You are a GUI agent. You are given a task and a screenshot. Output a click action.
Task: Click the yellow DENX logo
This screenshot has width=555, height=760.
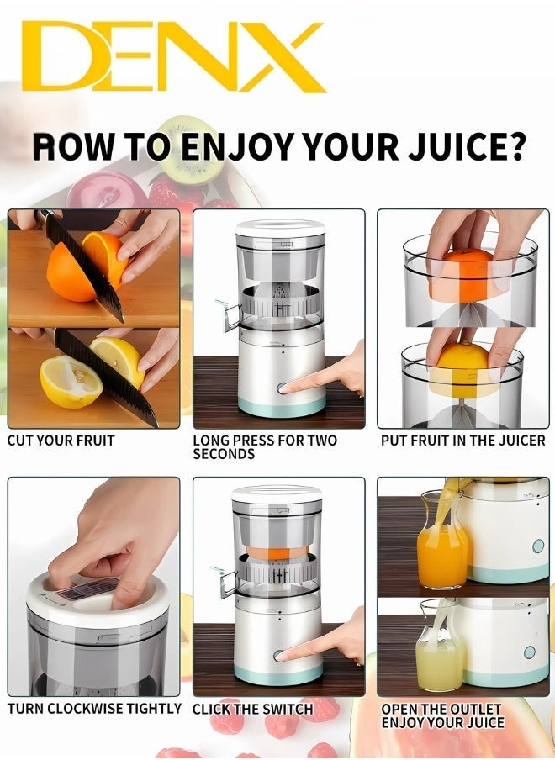172,56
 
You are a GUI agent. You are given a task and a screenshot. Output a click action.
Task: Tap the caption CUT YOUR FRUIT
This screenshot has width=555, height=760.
61,441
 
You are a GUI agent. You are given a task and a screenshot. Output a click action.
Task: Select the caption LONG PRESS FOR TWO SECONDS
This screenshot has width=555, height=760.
265,446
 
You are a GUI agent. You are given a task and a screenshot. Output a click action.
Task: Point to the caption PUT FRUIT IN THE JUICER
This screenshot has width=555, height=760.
462,441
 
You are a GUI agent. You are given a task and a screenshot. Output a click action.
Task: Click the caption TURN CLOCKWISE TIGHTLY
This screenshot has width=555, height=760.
94,709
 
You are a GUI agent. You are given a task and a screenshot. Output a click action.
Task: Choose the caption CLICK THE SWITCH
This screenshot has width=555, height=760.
253,710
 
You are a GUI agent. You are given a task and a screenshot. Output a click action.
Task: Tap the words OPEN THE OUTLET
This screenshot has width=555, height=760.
441,710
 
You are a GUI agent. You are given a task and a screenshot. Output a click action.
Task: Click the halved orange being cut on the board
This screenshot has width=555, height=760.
76,269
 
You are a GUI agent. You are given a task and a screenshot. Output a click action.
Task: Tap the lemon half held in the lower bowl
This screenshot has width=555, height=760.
461,362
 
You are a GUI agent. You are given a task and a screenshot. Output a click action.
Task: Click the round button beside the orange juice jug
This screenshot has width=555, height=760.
537,546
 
